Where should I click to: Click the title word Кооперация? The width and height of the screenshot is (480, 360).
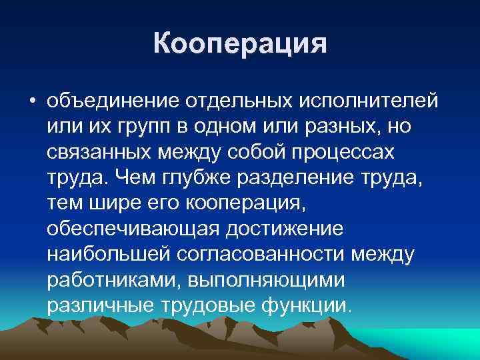240,45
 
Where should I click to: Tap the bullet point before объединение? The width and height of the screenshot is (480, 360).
31,101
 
